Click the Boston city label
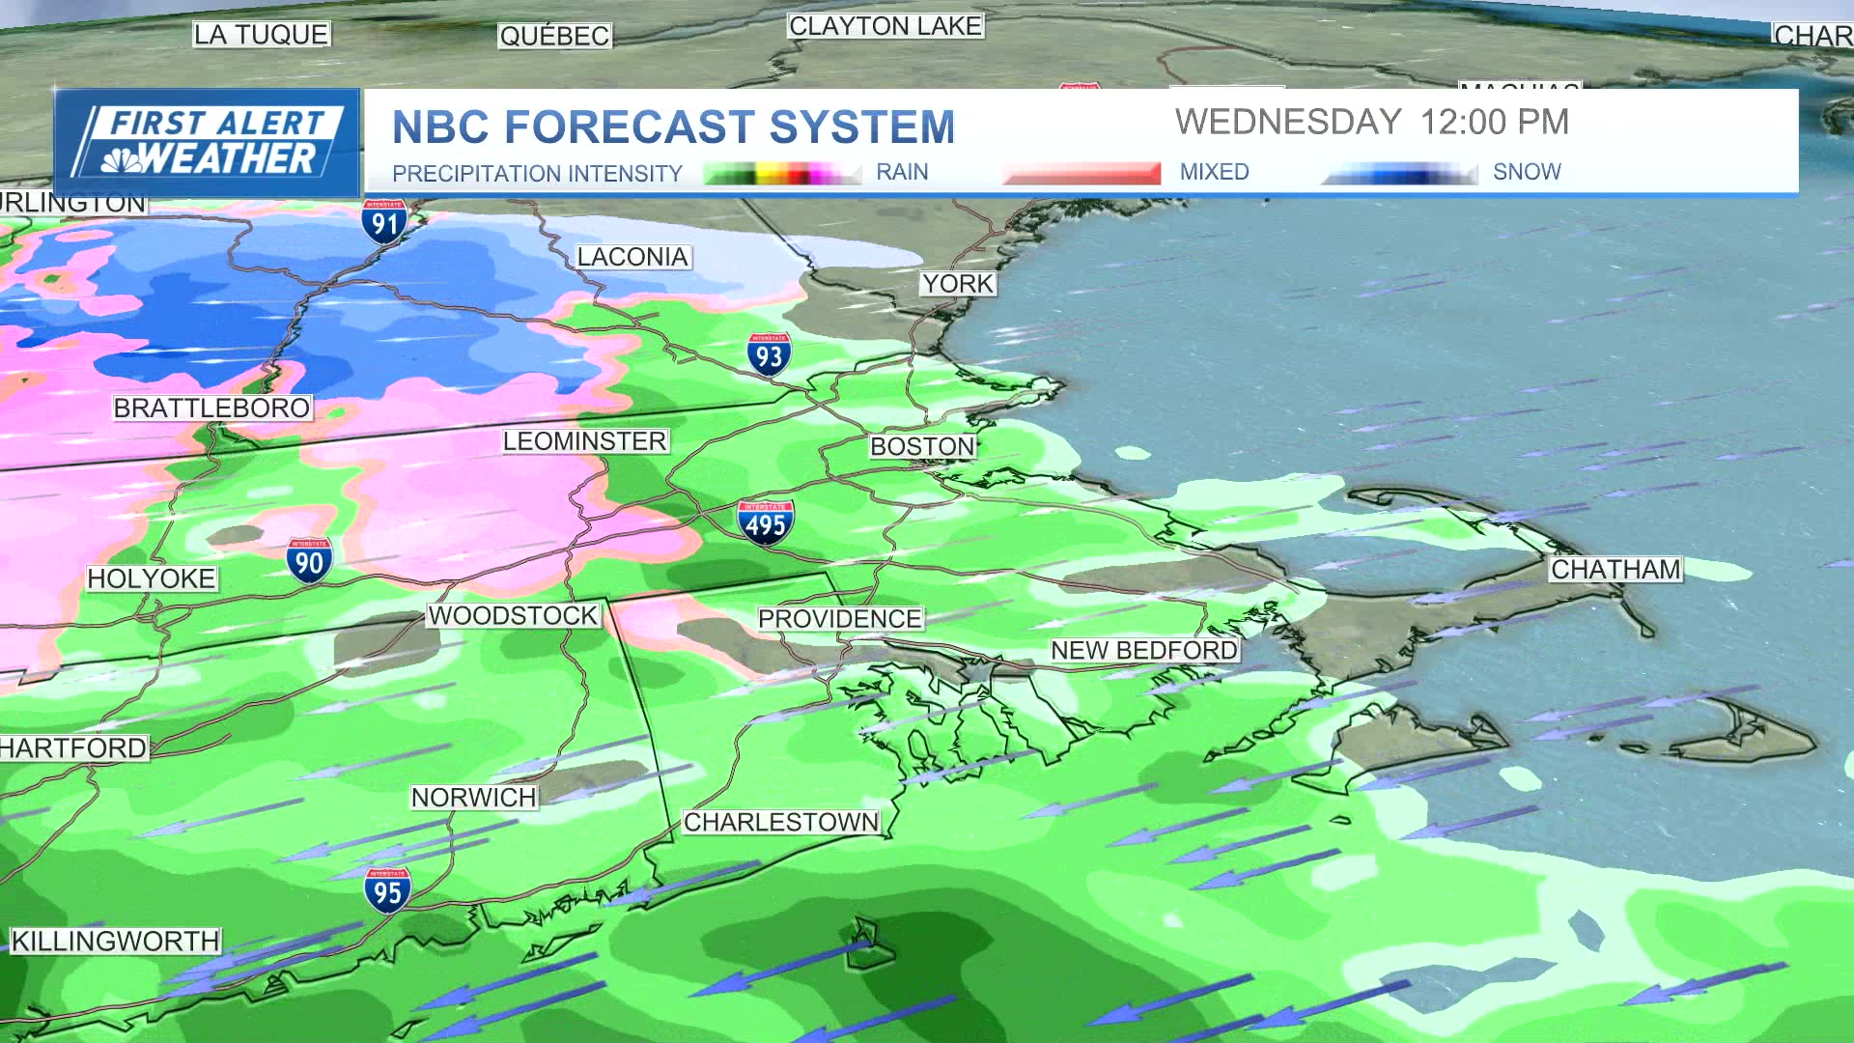922,446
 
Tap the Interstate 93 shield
769,355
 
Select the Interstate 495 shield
766,522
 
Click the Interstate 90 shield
309,560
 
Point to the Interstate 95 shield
387,890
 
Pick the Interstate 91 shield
384,222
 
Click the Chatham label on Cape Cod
1615,570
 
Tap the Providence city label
839,619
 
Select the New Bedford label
1144,651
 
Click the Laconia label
632,257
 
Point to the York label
957,284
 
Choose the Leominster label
585,441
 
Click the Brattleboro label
211,409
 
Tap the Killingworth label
115,941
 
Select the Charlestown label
781,822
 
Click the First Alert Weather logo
208,142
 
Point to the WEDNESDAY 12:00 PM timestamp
1371,123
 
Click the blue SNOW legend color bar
1399,174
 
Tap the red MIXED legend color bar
1081,174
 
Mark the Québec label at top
554,36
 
